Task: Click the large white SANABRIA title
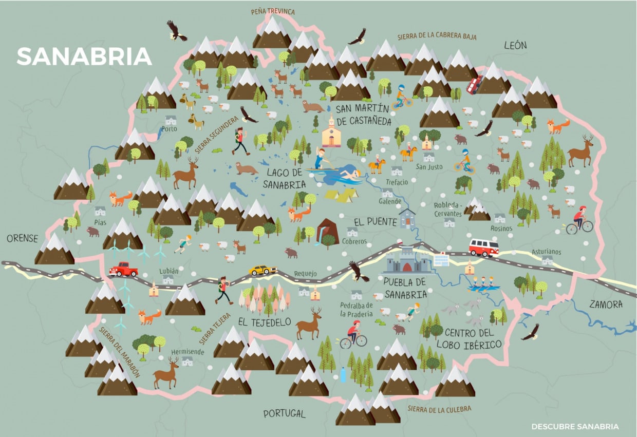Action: pyautogui.click(x=84, y=56)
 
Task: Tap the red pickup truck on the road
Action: pyautogui.click(x=123, y=269)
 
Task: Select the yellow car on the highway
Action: pyautogui.click(x=263, y=270)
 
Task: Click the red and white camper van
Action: pyautogui.click(x=483, y=248)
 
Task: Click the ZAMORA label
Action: pyautogui.click(x=606, y=305)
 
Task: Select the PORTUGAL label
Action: pyautogui.click(x=284, y=413)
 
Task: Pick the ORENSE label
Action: pyautogui.click(x=22, y=238)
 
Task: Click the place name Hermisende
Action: pyautogui.click(x=188, y=352)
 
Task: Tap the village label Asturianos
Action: pyautogui.click(x=546, y=252)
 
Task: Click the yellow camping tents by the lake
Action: pyautogui.click(x=340, y=195)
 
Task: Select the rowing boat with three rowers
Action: pyautogui.click(x=483, y=284)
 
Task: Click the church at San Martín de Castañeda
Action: pyautogui.click(x=331, y=132)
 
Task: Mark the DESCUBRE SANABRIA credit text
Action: pyautogui.click(x=575, y=426)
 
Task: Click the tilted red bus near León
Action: pyautogui.click(x=474, y=84)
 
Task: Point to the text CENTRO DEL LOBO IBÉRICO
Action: pyautogui.click(x=473, y=338)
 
